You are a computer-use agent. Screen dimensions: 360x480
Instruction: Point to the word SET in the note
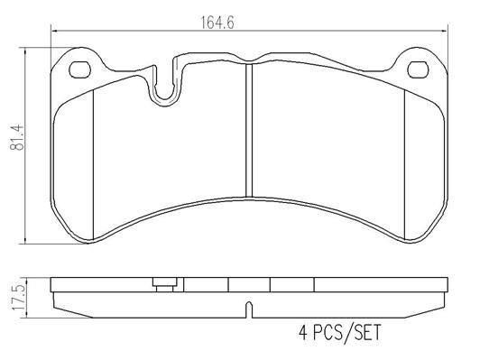tap(365, 333)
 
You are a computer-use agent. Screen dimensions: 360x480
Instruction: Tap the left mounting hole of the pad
tap(79, 69)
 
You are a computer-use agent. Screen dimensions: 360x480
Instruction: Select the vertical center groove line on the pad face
tap(248, 135)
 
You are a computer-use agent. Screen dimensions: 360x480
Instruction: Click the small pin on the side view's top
tap(163, 283)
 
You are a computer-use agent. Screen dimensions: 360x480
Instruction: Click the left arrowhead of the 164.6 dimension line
tap(54, 33)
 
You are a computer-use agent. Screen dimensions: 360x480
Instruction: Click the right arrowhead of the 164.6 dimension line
tap(444, 33)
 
